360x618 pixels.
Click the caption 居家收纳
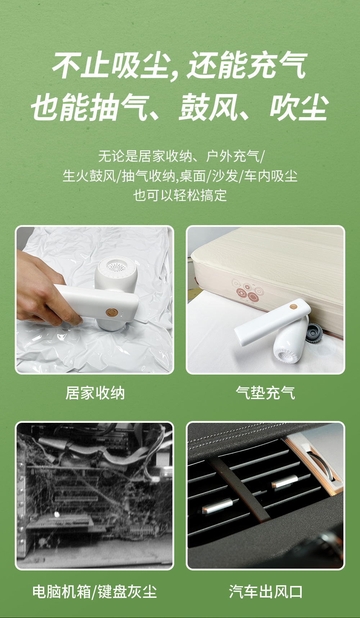coord(95,393)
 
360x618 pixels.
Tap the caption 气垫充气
coord(265,393)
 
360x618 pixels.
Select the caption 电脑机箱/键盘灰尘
coord(95,592)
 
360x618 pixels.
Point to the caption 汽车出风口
coord(266,592)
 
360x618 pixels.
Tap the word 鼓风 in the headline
coord(209,107)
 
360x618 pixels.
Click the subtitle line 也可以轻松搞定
coord(180,195)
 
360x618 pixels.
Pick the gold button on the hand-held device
coord(111,312)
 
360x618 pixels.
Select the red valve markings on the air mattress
coord(248,292)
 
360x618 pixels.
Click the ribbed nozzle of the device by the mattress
coord(286,355)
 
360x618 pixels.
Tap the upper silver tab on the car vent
coord(285,481)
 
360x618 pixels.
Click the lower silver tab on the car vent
coord(217,506)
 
